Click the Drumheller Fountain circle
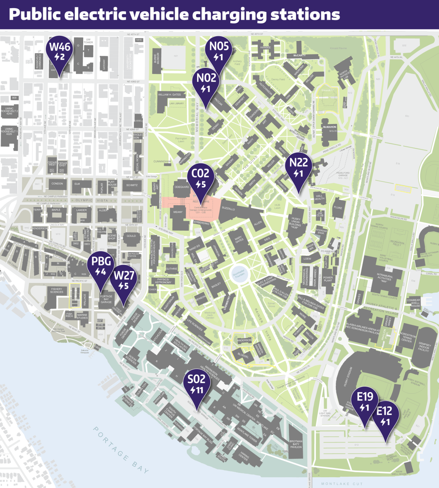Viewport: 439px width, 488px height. point(238,274)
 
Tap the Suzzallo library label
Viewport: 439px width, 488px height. point(228,208)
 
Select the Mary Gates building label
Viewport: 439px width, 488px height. point(239,240)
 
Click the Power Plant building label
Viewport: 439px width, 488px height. point(328,279)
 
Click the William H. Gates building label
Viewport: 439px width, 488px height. point(169,94)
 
